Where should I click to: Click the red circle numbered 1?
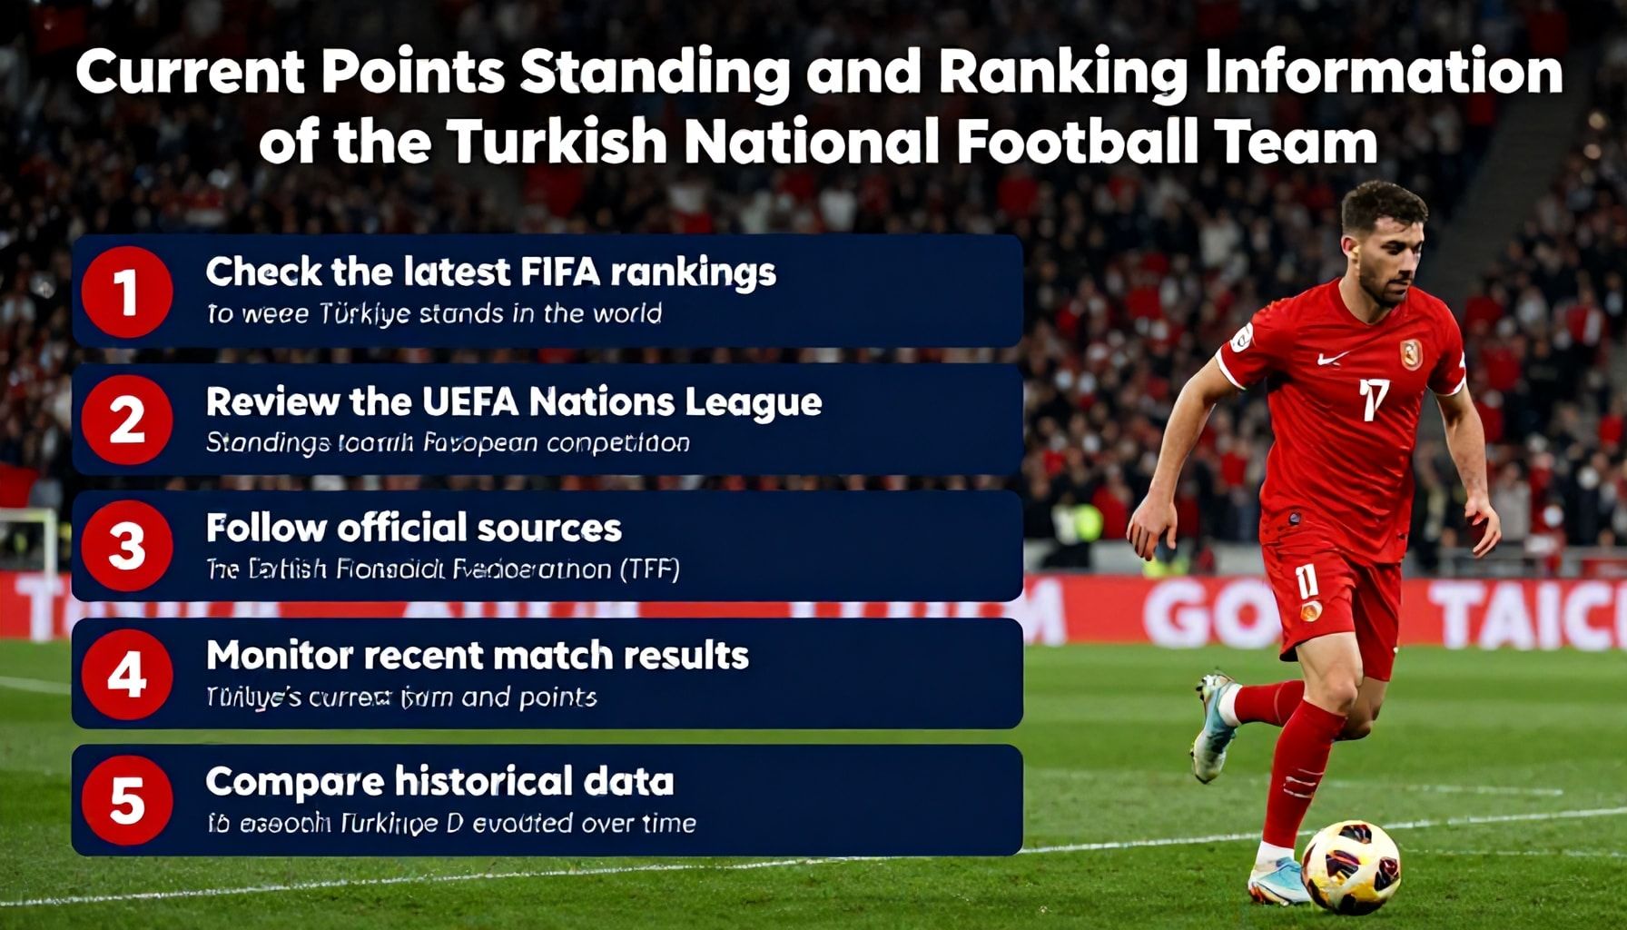point(126,292)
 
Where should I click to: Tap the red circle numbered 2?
point(126,420)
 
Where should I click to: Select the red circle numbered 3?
point(126,547)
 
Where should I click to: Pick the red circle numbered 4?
point(126,674)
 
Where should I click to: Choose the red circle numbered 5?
point(126,800)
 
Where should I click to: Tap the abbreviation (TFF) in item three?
point(648,569)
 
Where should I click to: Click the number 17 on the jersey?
point(1374,400)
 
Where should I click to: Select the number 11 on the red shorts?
point(1306,580)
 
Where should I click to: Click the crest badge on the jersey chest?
point(1411,353)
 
